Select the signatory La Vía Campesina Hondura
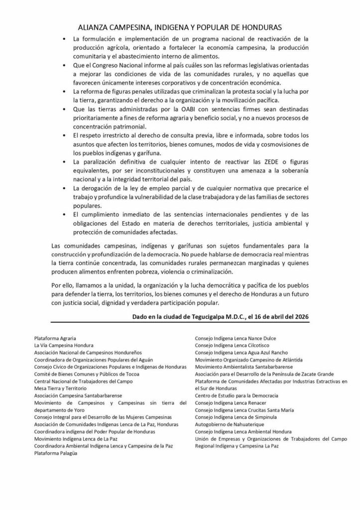tap(64, 345)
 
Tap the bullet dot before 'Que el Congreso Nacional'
tap(65, 65)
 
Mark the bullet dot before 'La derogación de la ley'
tap(65, 189)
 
